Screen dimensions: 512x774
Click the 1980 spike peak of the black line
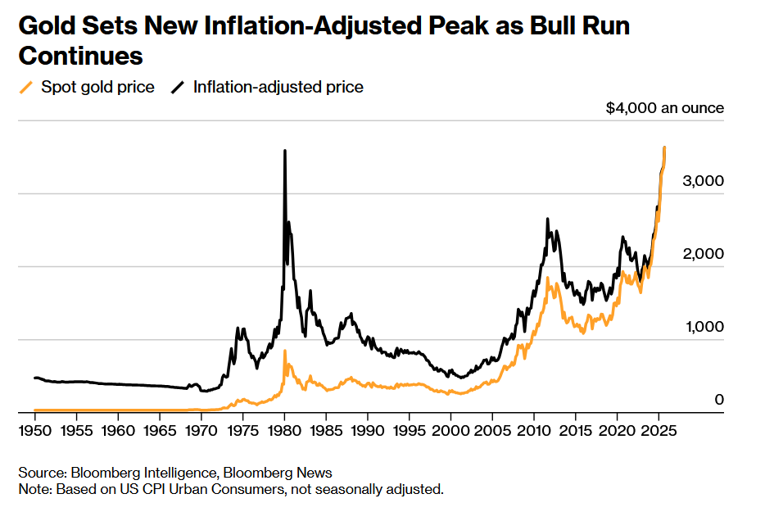[x=284, y=151]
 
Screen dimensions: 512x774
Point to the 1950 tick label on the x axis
[x=34, y=429]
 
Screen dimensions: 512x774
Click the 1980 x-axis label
[x=284, y=429]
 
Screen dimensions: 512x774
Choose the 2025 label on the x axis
[x=659, y=429]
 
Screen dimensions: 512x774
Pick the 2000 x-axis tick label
[x=450, y=429]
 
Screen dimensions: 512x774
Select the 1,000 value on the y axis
[x=704, y=327]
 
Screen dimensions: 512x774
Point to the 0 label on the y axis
[x=719, y=399]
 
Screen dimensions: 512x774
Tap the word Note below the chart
[x=34, y=489]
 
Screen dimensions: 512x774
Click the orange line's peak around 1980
[x=285, y=351]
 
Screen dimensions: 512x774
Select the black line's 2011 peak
[x=546, y=219]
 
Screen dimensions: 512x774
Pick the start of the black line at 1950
[x=34, y=378]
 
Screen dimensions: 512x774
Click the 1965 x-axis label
[x=160, y=429]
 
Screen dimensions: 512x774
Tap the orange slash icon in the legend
[x=27, y=87]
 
